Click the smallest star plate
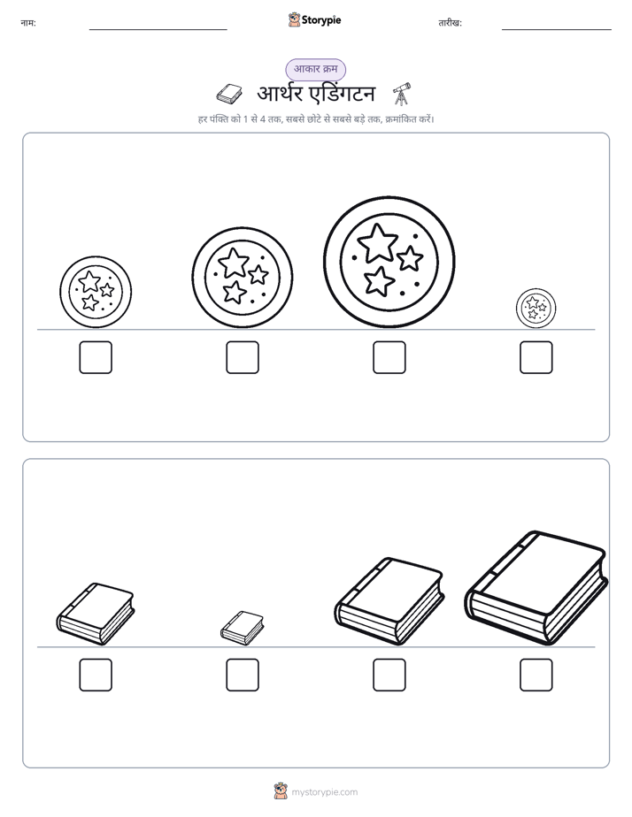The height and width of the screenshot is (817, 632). pos(536,309)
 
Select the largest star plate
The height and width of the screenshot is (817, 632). pos(389,262)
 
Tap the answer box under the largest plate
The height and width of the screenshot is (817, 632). pos(389,357)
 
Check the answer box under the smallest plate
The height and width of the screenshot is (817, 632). pos(536,357)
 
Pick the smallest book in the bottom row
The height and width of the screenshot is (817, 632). pos(242,628)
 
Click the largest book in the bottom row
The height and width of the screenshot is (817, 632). pos(536,588)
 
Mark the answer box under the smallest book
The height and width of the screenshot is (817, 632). pos(242,675)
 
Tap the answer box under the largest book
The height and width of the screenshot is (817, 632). pos(536,675)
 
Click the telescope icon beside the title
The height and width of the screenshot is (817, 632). pos(402,94)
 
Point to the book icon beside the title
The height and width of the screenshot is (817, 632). pos(229,94)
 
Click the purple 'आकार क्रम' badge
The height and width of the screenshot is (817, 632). pos(315,69)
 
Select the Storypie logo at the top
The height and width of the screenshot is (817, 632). pos(314,19)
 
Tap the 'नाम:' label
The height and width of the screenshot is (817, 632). pos(28,23)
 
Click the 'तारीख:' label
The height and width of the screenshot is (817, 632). pos(450,23)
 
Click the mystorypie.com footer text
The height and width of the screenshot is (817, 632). pos(324,792)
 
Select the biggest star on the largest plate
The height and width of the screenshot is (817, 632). pos(378,243)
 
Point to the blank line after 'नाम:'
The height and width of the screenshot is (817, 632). pos(158,30)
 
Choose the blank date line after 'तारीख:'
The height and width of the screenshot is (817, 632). pos(557,30)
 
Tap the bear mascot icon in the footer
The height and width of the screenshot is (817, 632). pos(281,791)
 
